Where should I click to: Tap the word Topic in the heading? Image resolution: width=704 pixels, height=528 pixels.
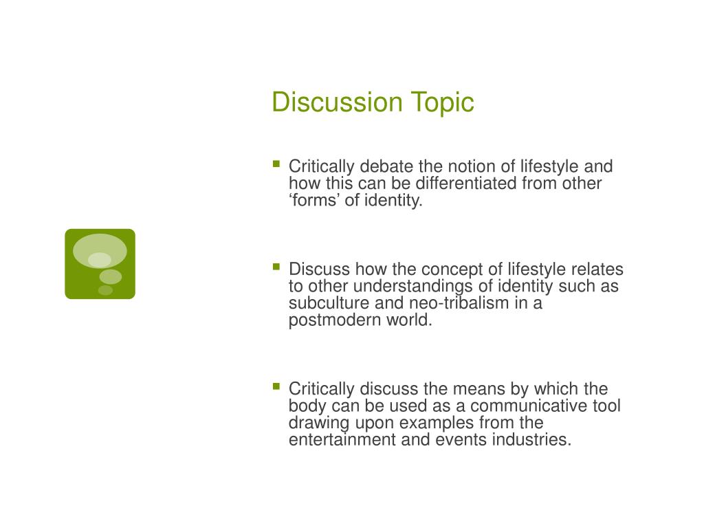coord(443,102)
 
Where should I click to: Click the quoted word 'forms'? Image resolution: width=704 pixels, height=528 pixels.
coord(314,201)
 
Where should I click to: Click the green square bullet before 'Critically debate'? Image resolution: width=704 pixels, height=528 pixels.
coord(276,164)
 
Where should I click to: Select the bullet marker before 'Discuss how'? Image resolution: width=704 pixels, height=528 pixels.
coord(276,267)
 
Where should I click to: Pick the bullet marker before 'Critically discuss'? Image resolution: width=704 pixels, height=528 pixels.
coord(276,386)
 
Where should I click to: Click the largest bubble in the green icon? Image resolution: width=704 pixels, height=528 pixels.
coord(100,250)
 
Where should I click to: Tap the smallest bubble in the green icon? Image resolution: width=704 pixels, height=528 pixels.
coord(105,290)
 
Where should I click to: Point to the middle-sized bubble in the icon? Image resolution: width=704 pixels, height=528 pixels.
coord(110,276)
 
